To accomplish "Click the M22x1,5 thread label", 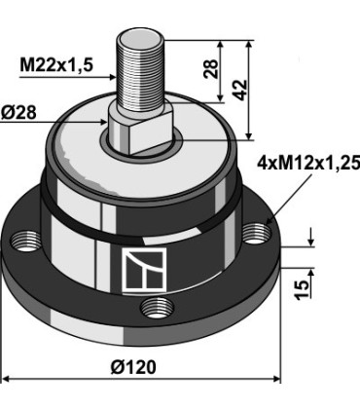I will pos(55,66).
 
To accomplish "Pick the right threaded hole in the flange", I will pos(255,234).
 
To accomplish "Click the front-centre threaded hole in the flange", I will pos(151,309).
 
